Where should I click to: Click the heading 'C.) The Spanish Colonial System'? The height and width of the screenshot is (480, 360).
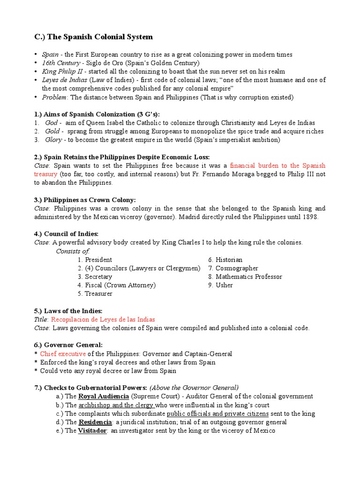click(x=94, y=37)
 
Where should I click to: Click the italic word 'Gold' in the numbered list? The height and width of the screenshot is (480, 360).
click(x=52, y=131)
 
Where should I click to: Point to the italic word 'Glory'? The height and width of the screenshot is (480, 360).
click(x=53, y=140)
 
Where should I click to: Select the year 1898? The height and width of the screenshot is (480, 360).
click(x=309, y=217)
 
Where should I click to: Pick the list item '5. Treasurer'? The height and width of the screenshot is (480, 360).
click(x=95, y=293)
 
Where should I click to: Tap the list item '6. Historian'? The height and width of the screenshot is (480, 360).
click(x=225, y=260)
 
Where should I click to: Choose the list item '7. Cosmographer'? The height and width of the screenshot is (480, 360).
click(x=233, y=268)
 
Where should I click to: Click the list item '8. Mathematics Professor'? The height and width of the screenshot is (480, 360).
click(x=245, y=277)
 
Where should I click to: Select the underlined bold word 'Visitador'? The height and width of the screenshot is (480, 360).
click(x=93, y=430)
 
